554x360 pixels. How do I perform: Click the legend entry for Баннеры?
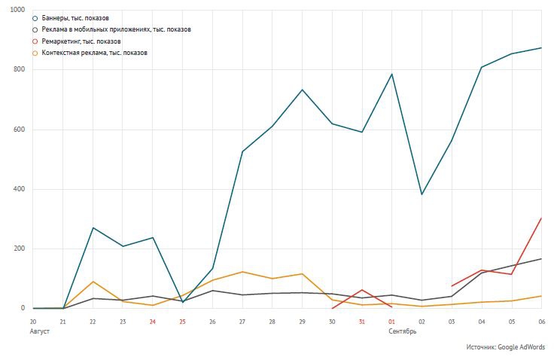click(71, 17)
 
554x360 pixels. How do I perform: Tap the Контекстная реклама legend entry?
click(94, 53)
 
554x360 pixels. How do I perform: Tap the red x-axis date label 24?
click(153, 322)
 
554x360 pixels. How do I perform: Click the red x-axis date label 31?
click(362, 322)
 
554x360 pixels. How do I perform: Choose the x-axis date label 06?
click(541, 322)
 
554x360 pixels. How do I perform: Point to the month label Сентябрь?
click(403, 331)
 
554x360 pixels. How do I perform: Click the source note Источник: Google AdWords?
click(505, 347)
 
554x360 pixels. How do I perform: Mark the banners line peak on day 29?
click(302, 90)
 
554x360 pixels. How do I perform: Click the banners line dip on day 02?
click(422, 194)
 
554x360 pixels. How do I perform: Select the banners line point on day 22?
click(93, 227)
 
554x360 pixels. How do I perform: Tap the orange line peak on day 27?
click(242, 272)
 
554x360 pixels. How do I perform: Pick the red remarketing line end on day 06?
click(541, 218)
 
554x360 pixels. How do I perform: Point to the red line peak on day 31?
click(362, 290)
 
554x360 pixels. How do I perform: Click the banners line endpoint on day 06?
click(541, 48)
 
